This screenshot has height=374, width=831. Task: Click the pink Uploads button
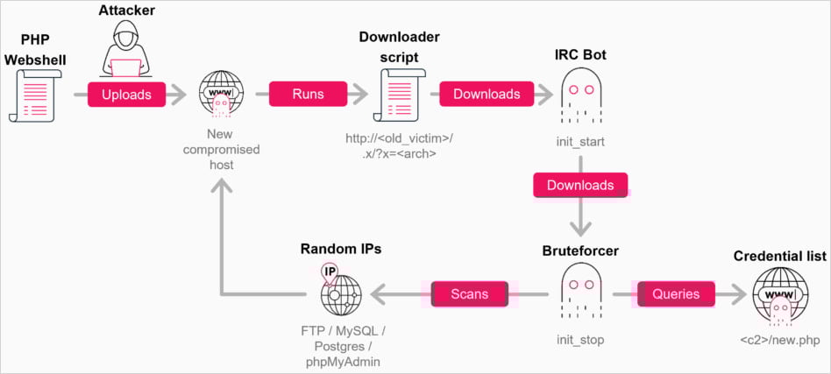(126, 94)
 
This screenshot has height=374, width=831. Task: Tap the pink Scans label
(469, 294)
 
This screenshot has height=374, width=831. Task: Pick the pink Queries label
(676, 294)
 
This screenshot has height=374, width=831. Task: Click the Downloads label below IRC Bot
(580, 185)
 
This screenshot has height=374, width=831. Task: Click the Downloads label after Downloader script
(487, 94)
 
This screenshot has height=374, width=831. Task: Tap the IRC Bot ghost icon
(580, 95)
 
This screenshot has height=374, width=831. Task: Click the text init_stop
(580, 338)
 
